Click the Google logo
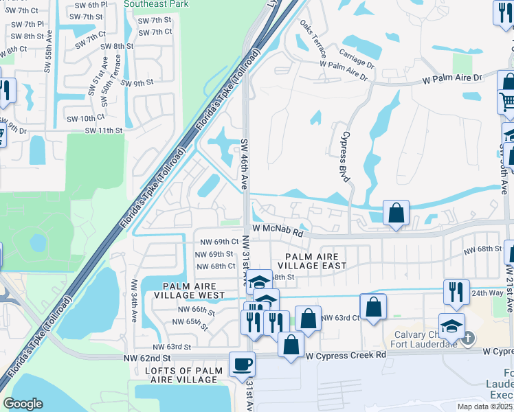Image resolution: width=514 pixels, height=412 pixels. (23, 404)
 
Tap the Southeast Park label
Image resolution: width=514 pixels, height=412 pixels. (157, 3)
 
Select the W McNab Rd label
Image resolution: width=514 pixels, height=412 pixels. (278, 232)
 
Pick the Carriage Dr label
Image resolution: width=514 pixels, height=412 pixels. (356, 58)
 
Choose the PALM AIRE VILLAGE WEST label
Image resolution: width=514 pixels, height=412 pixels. (194, 290)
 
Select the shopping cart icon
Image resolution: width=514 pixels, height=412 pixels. (507, 102)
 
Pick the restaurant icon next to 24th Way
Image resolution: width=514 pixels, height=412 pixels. (456, 291)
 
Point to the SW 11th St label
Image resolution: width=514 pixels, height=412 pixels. (100, 130)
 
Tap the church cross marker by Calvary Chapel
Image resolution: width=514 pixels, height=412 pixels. (468, 337)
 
